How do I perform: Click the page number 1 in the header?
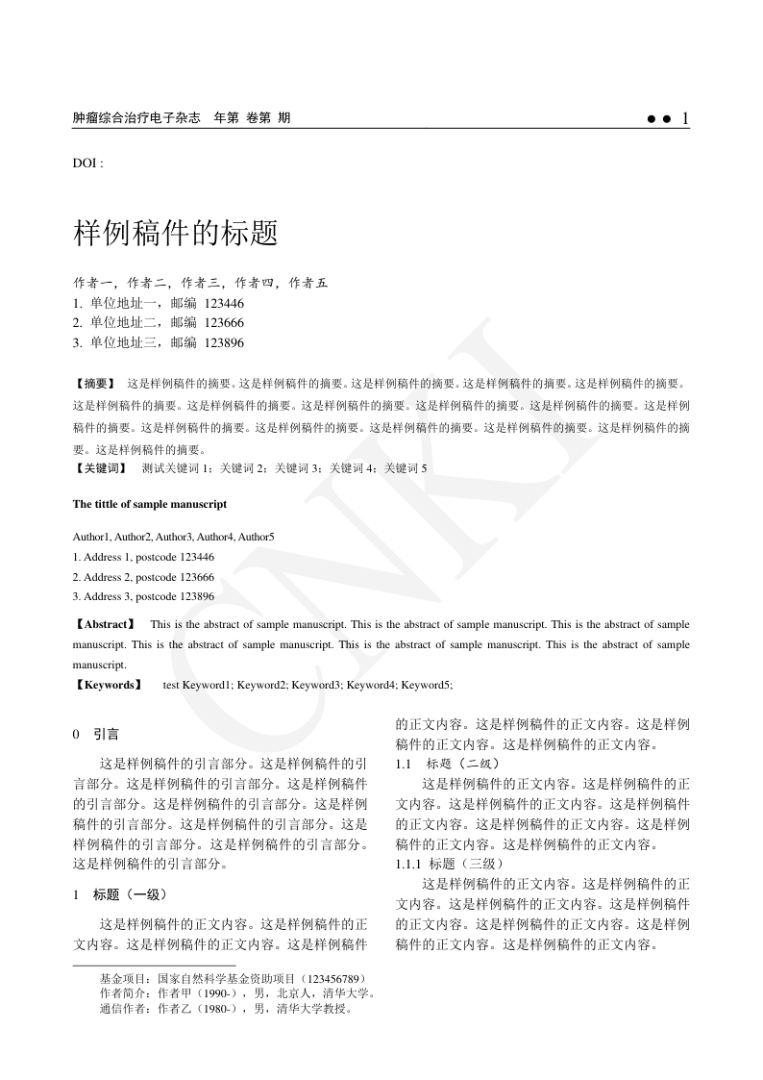tap(684, 118)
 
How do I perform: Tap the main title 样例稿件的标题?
tap(176, 232)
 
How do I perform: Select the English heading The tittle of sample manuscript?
tap(150, 504)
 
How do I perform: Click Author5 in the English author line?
tap(257, 537)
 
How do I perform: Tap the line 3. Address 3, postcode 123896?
tap(143, 596)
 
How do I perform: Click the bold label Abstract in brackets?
tap(107, 624)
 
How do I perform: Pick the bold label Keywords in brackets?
tap(108, 685)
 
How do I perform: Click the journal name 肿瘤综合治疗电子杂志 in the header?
tap(136, 118)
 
